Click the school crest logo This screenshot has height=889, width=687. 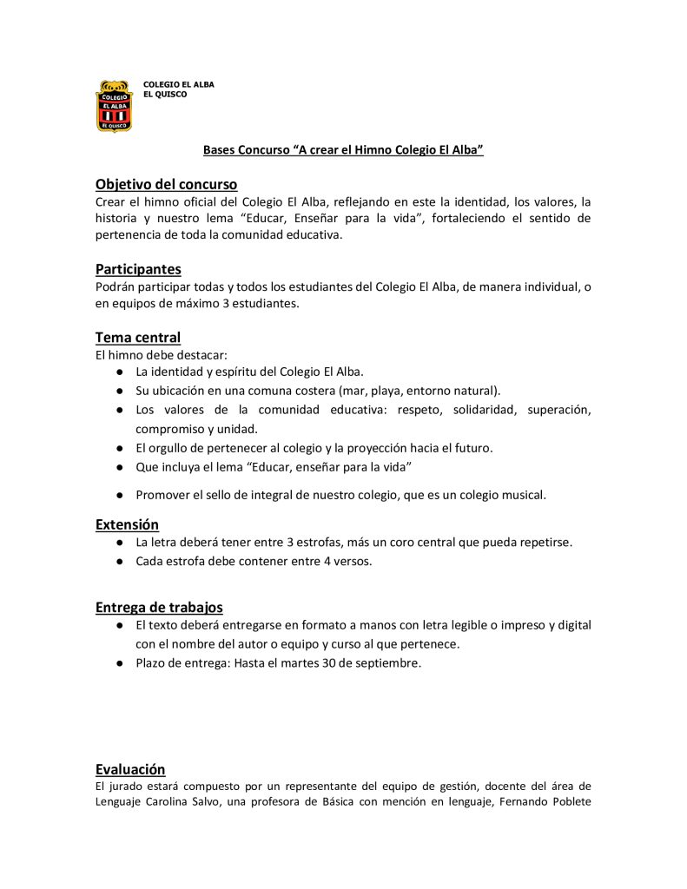tap(114, 105)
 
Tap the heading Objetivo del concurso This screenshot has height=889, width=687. tap(166, 184)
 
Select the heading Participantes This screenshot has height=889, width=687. tap(138, 269)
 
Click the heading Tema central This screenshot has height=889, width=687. tap(138, 337)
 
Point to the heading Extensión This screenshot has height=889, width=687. tap(127, 524)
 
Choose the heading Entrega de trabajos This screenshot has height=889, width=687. tap(159, 607)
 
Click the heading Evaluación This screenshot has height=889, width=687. tap(130, 768)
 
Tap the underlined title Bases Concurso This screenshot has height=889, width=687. tap(343, 150)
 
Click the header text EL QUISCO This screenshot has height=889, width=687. tap(165, 94)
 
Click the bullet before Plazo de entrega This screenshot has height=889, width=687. tap(118, 663)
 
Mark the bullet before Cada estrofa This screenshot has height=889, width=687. tap(118, 561)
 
